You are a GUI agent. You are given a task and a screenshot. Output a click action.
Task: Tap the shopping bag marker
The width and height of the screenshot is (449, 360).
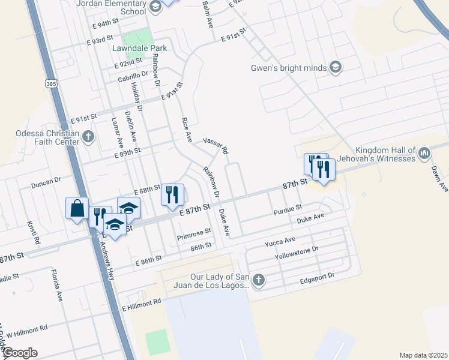77,209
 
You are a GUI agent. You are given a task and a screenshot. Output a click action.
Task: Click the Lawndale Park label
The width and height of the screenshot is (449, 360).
139,47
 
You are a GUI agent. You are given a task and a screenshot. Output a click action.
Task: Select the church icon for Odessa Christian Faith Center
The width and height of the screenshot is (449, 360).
88,137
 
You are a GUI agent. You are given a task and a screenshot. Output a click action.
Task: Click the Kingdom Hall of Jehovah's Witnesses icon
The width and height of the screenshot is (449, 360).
424,154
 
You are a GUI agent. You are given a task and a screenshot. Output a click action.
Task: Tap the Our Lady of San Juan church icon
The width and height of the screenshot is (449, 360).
258,280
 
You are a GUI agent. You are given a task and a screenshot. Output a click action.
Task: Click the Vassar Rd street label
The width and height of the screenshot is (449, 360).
215,146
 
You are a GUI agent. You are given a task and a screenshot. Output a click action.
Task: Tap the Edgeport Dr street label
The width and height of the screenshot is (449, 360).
317,278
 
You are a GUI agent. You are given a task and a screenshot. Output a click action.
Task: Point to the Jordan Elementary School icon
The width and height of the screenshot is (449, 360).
155,7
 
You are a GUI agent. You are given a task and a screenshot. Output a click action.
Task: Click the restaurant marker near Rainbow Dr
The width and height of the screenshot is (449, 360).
172,194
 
